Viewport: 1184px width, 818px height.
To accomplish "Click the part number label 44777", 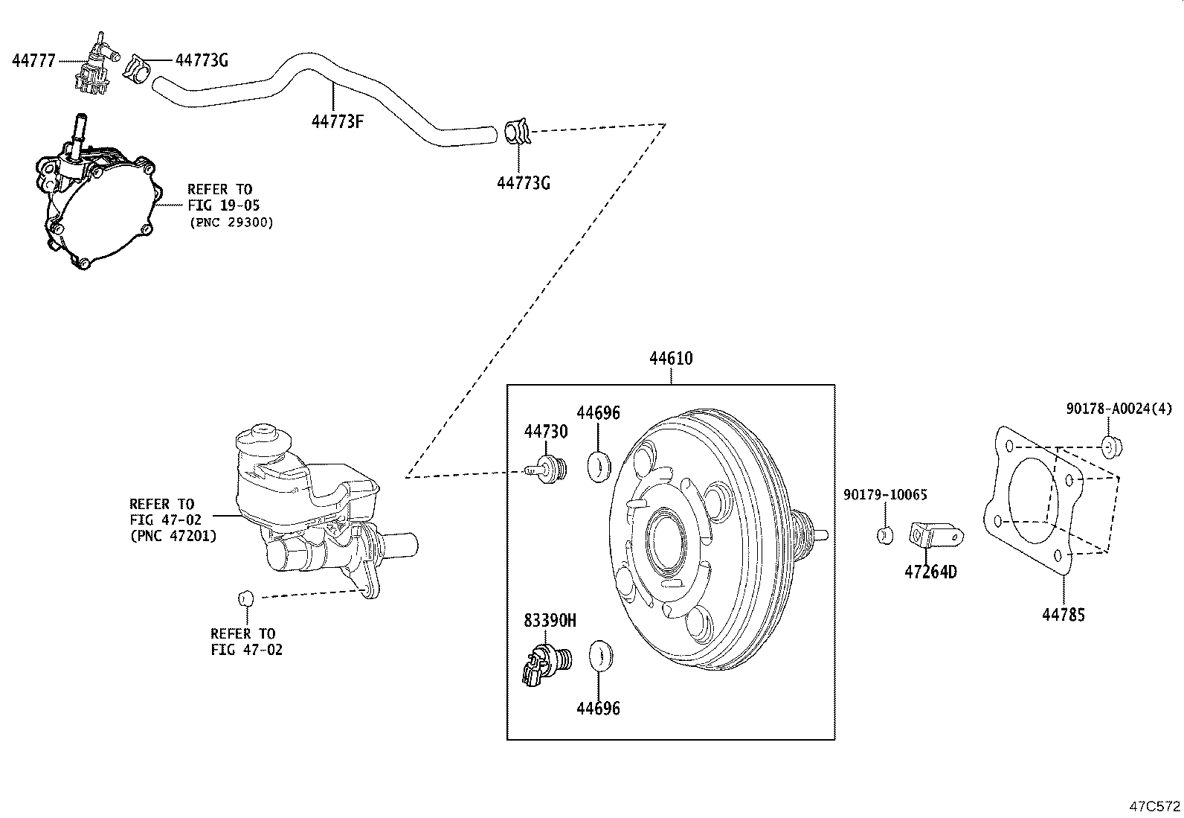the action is [x=33, y=61].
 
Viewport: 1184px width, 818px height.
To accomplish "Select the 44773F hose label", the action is [x=337, y=121].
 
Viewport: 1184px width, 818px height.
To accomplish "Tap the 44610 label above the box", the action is [x=671, y=358].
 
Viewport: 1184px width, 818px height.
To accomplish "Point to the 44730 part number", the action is [x=545, y=431].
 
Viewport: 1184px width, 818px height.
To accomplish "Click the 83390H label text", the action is [x=550, y=620].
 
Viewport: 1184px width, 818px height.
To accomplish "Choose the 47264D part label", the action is [x=930, y=572].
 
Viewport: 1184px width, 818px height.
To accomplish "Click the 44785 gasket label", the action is [x=1064, y=615].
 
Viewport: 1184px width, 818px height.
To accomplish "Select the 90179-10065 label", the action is [x=885, y=495].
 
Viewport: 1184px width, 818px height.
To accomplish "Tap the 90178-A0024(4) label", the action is [x=1119, y=409].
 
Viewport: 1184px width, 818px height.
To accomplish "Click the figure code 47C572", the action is [x=1155, y=806].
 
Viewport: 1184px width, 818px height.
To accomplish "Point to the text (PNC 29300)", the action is [x=231, y=223].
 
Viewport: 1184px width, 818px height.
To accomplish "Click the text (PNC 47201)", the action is [x=173, y=536].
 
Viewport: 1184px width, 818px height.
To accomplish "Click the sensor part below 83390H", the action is [x=547, y=665].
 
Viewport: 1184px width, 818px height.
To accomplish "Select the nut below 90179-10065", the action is [x=885, y=535].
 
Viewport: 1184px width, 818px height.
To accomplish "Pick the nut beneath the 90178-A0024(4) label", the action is [x=1112, y=447].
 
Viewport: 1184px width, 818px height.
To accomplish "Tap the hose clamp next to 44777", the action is [x=138, y=68].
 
